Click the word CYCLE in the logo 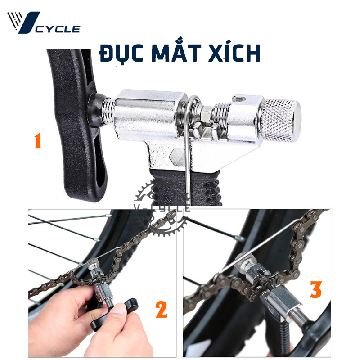pos(58,29)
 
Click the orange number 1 pos(38,140)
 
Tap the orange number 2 pos(162,310)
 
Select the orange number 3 pos(316,289)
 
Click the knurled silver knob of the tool pos(281,120)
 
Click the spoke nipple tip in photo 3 pos(240,239)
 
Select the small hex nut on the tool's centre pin pos(206,114)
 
